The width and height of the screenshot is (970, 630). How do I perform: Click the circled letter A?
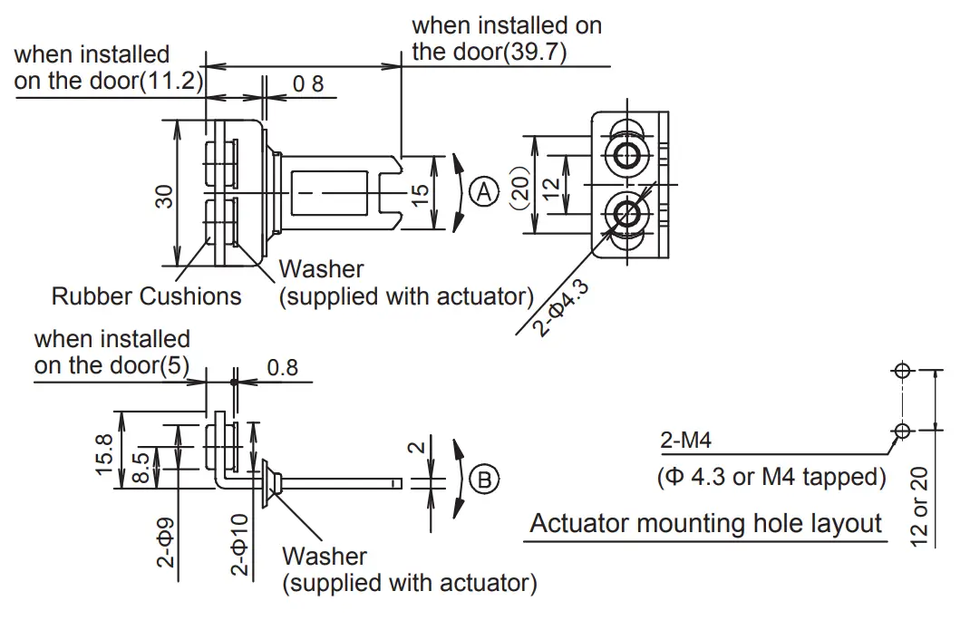coord(486,192)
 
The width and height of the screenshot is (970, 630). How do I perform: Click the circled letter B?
coord(486,479)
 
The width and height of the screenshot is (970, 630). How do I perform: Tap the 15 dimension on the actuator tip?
coord(420,193)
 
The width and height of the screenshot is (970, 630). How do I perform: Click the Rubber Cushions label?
coord(147,296)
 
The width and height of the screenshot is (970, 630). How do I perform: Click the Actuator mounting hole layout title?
coord(705,524)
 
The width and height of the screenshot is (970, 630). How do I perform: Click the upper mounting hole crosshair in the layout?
coord(901,371)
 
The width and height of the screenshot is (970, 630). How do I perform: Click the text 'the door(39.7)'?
coord(490,52)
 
